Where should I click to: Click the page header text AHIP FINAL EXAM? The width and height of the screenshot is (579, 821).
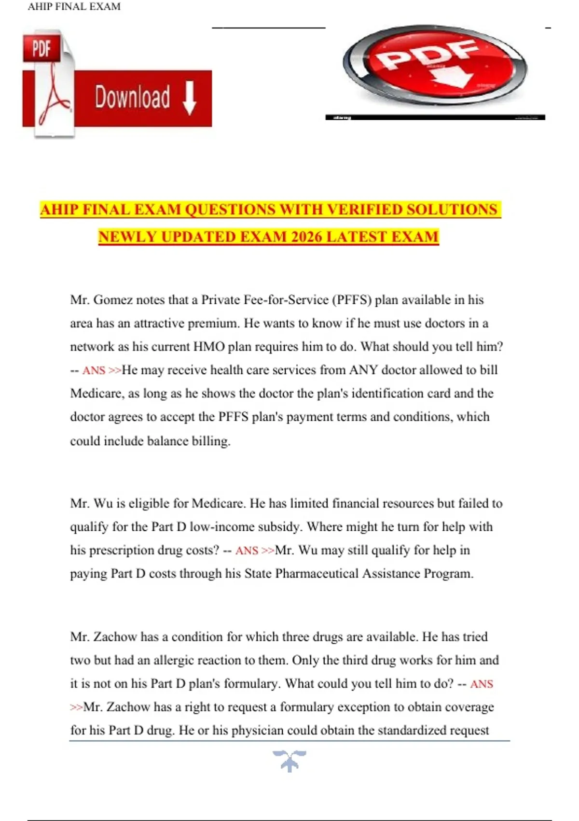point(74,7)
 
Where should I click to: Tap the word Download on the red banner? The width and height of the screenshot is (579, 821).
point(132,97)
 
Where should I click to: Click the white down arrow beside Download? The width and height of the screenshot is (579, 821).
point(190,97)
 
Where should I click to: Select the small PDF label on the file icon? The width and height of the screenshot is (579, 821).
point(41,48)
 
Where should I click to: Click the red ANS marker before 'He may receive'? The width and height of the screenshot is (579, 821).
point(94,370)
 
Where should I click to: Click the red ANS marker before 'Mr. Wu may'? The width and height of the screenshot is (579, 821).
point(247,551)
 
